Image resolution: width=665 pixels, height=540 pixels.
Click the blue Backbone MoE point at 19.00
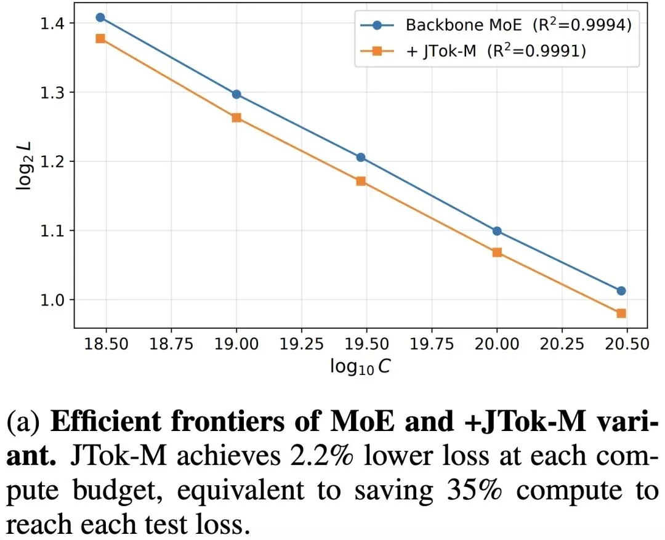pyautogui.click(x=236, y=94)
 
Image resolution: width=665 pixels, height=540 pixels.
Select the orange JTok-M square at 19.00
pyautogui.click(x=236, y=118)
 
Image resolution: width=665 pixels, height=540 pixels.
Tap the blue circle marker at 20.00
pyautogui.click(x=497, y=231)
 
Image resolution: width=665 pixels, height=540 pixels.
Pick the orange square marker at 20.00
pyautogui.click(x=497, y=252)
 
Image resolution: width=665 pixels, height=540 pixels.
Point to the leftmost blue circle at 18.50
pyautogui.click(x=100, y=17)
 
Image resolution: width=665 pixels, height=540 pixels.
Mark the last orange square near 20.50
pyautogui.click(x=621, y=313)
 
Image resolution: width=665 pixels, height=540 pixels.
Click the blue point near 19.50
pyautogui.click(x=361, y=157)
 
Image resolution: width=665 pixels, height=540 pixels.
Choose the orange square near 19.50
pyautogui.click(x=361, y=181)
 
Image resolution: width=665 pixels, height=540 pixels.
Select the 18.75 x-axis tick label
pyautogui.click(x=171, y=343)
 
